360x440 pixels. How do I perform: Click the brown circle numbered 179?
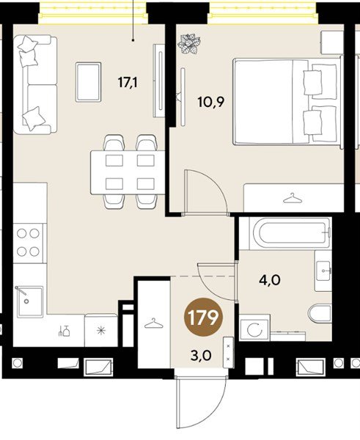(x=203, y=317)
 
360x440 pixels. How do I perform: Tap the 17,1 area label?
(x=128, y=83)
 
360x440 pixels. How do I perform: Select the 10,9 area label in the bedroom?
(x=210, y=102)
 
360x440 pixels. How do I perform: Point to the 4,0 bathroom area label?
(x=270, y=280)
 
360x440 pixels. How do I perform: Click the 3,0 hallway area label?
(x=201, y=356)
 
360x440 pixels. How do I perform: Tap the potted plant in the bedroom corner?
(x=190, y=43)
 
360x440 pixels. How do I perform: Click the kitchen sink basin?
(x=29, y=301)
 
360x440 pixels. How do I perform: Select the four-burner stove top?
(x=28, y=243)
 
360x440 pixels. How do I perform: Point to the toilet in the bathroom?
(x=320, y=313)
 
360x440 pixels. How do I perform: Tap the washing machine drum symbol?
(x=254, y=330)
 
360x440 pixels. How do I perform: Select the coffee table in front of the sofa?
(x=88, y=82)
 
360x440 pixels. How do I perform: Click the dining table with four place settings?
(x=128, y=172)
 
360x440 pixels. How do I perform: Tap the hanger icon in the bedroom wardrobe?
(x=293, y=198)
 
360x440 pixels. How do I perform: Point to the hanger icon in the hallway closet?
(x=153, y=323)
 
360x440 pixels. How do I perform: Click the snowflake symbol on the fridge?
(x=100, y=331)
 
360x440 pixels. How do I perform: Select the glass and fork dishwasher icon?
(x=64, y=331)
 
